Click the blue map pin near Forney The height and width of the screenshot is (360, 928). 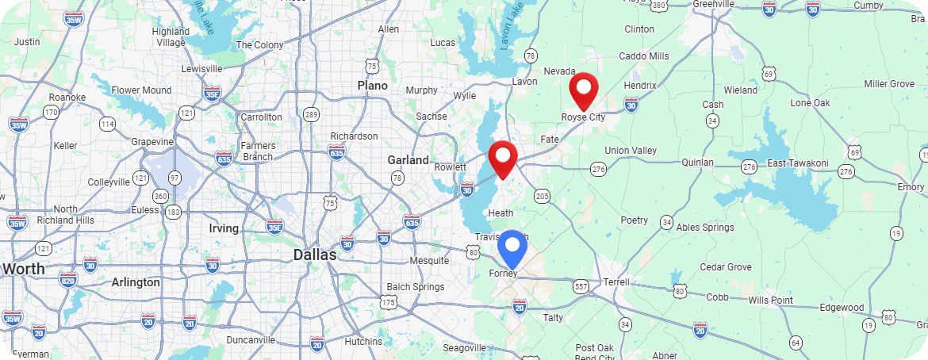(x=512, y=247)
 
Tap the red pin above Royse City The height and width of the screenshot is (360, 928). (x=584, y=89)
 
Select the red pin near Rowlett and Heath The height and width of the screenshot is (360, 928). (x=502, y=158)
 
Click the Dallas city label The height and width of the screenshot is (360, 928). (x=315, y=255)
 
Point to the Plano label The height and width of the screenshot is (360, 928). (x=372, y=85)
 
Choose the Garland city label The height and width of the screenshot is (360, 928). (x=408, y=160)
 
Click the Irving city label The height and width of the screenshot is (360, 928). (x=223, y=228)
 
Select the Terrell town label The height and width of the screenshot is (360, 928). (x=616, y=281)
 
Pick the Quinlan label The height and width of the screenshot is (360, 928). (x=698, y=163)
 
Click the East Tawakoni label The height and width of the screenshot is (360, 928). (x=798, y=163)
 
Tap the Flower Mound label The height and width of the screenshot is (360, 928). (x=141, y=90)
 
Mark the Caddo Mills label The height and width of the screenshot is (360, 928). (x=644, y=56)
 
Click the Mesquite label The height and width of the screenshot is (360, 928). (x=429, y=261)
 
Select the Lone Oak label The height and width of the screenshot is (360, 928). (x=810, y=103)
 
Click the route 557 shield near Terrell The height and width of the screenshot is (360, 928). (x=581, y=285)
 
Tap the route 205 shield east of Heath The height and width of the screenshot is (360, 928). (x=543, y=196)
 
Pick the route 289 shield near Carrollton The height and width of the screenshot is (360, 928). (x=311, y=115)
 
